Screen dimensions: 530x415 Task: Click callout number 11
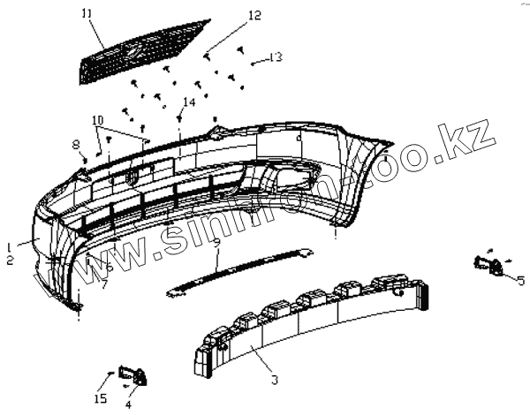point(86,13)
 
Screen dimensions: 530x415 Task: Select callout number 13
point(276,57)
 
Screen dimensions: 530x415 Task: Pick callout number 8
point(76,142)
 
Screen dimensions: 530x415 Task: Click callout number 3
point(275,380)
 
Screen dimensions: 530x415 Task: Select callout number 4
point(127,404)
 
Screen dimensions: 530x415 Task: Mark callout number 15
point(100,398)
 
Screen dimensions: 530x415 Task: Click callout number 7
point(102,284)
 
